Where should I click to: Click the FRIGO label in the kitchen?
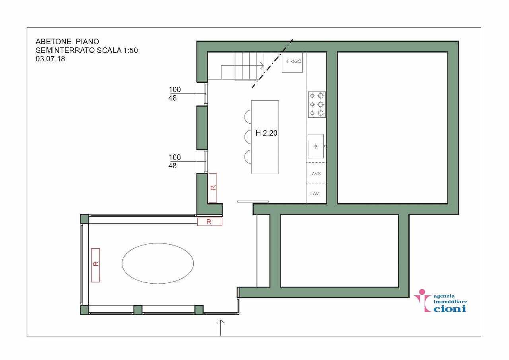[x=294, y=61]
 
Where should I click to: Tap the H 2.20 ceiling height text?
[x=266, y=133]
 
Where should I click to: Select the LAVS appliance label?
[x=315, y=173]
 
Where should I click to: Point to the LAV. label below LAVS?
[x=315, y=194]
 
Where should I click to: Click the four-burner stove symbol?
[x=317, y=105]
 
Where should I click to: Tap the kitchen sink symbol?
[x=316, y=146]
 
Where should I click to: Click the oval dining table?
[x=158, y=263]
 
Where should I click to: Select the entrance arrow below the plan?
[x=220, y=327]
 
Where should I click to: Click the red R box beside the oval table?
[x=95, y=265]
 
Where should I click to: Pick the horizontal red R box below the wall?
[x=210, y=222]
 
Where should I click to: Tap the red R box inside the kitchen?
[x=213, y=188]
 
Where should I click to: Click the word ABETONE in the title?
[x=54, y=42]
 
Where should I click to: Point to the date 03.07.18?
[x=51, y=59]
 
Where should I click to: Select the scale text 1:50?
[x=130, y=50]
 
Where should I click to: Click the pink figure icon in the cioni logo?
[x=422, y=300]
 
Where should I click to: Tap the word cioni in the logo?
[x=450, y=308]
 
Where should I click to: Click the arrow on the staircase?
[x=243, y=66]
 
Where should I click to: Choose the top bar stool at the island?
[x=248, y=117]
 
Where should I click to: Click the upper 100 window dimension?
[x=175, y=90]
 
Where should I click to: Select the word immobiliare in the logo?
[x=451, y=302]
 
